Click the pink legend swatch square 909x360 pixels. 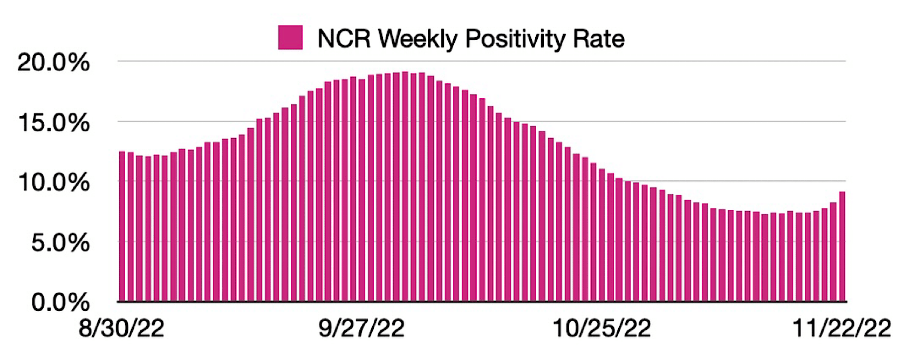[290, 38]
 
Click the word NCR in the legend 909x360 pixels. [344, 39]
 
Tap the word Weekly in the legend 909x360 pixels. [418, 39]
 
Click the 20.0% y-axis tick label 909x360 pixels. [53, 63]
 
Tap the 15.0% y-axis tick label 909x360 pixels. [53, 123]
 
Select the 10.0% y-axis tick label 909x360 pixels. [53, 183]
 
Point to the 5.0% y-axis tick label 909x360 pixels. [60, 243]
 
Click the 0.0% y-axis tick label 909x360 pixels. [60, 302]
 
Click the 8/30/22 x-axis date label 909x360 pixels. [121, 328]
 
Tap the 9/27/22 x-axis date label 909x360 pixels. [361, 328]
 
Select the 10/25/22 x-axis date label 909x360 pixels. [602, 328]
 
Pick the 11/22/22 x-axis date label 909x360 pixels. [842, 328]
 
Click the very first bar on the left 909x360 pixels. [122, 227]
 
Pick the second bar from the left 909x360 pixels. [131, 227]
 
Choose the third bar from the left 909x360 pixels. [139, 228]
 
